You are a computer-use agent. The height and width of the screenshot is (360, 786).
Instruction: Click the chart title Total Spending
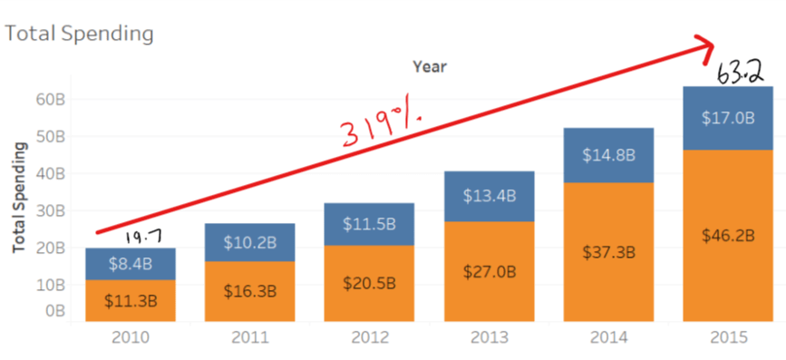click(x=79, y=34)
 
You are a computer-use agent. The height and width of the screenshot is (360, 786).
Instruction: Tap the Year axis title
click(x=429, y=66)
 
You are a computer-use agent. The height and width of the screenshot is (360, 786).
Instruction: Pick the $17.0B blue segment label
click(x=728, y=118)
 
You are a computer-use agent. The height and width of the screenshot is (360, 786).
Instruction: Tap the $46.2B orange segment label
click(x=728, y=234)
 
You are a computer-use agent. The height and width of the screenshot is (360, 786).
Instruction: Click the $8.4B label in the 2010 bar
click(x=130, y=264)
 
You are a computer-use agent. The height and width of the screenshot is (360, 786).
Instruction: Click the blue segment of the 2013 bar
click(x=489, y=196)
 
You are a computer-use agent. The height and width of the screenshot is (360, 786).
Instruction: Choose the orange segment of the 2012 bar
click(x=369, y=283)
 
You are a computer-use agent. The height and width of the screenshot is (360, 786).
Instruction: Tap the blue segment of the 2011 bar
click(x=249, y=242)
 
